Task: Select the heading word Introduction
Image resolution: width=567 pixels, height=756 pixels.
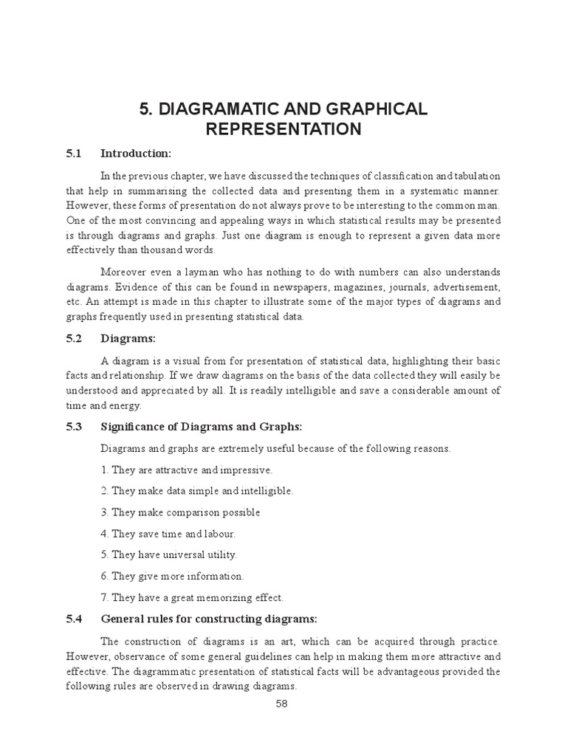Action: (x=136, y=154)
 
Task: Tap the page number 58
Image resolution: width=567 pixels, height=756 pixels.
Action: (x=281, y=704)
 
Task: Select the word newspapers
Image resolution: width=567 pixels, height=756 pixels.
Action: (x=319, y=287)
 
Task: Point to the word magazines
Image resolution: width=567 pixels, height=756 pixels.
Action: (x=379, y=287)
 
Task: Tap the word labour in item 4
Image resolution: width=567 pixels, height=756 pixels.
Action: (x=217, y=533)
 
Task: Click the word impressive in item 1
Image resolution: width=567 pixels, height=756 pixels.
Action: (x=245, y=470)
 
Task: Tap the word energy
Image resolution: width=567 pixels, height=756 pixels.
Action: (x=126, y=405)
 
